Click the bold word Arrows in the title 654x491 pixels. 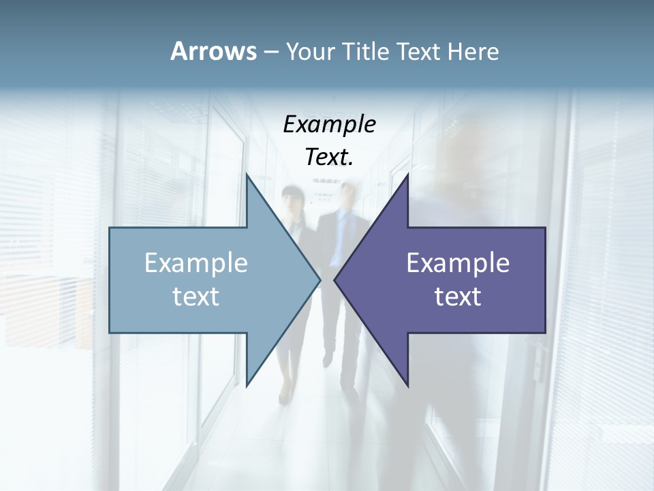213,51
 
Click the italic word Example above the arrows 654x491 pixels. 330,125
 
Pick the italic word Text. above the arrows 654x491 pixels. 330,157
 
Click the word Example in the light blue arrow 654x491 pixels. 196,263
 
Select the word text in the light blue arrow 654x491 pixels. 196,297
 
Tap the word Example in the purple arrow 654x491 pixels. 458,263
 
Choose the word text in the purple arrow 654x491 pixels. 458,297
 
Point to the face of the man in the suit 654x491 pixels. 347,196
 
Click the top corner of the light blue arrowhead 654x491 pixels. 247,175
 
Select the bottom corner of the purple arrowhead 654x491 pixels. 407,385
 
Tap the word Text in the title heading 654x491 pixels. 419,51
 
